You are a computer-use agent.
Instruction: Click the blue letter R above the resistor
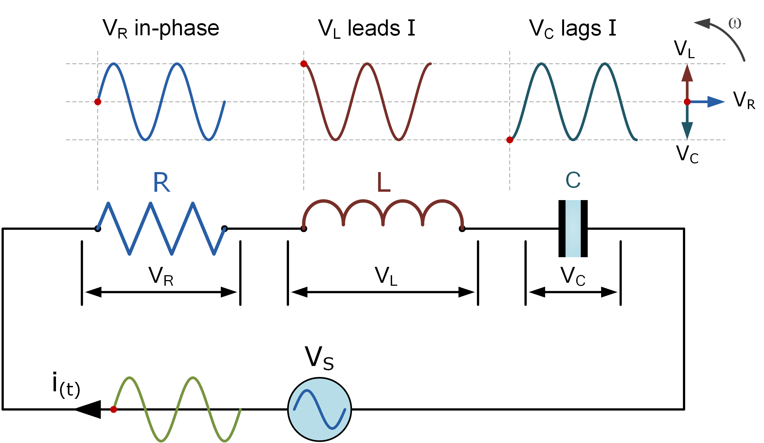click(161, 182)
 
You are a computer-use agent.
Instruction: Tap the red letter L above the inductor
click(383, 182)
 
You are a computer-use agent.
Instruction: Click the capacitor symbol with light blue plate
click(573, 228)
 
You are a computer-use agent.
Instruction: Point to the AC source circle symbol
click(319, 409)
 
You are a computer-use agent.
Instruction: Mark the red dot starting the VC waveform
click(510, 140)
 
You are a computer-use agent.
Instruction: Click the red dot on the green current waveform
click(114, 410)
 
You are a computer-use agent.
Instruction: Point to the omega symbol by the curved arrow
click(735, 24)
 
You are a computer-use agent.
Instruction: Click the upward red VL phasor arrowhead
click(687, 74)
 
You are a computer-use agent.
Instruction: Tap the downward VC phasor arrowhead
click(687, 130)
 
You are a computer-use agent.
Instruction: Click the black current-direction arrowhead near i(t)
click(89, 409)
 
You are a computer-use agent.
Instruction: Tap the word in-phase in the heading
click(177, 29)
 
